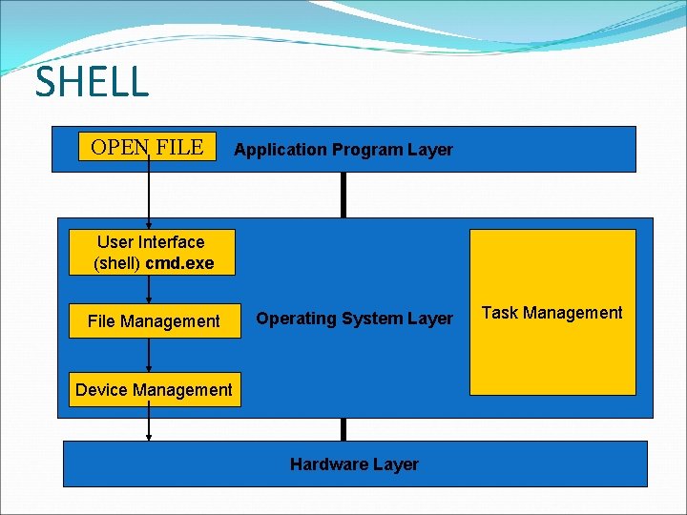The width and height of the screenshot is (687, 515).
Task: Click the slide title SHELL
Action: pyautogui.click(x=93, y=82)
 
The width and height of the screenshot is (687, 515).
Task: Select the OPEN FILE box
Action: pyautogui.click(x=147, y=147)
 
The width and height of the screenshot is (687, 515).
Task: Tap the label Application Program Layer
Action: pyautogui.click(x=343, y=150)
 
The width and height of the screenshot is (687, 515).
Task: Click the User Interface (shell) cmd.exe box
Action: pyautogui.click(x=152, y=253)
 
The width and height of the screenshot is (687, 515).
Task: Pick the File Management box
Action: pyautogui.click(x=154, y=321)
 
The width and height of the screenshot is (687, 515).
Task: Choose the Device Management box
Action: pyautogui.click(x=154, y=389)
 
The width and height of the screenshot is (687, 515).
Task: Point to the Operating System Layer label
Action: pyautogui.click(x=355, y=319)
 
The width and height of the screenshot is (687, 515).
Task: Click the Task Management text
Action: pyautogui.click(x=552, y=313)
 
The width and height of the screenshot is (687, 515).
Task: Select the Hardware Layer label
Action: pyautogui.click(x=354, y=464)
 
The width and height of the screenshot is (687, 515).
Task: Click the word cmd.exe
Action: pyautogui.click(x=179, y=263)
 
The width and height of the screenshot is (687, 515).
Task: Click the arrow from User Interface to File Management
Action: pyautogui.click(x=149, y=290)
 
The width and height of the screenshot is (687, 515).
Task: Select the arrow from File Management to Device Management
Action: pyautogui.click(x=149, y=355)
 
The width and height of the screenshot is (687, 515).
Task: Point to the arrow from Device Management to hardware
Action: pyautogui.click(x=149, y=423)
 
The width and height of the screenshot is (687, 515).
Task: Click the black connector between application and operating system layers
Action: pyautogui.click(x=343, y=195)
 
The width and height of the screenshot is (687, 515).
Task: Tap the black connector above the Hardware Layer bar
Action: pyautogui.click(x=343, y=429)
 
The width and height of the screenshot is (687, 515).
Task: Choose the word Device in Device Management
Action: pyautogui.click(x=100, y=389)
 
